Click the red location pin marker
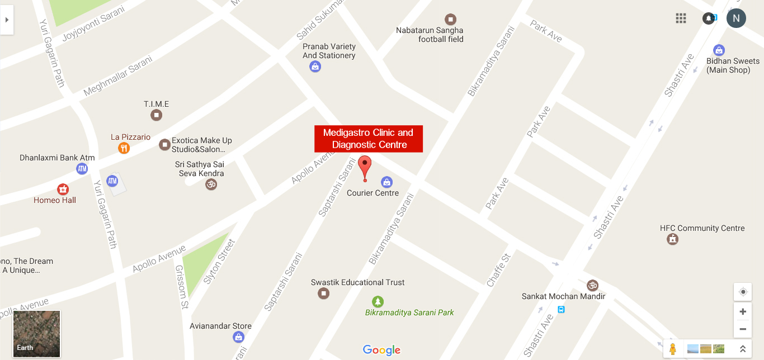(365, 166)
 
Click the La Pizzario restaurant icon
(124, 148)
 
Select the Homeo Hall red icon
(63, 189)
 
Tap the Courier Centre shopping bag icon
(386, 182)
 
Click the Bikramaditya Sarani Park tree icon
(378, 302)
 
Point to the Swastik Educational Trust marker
(323, 293)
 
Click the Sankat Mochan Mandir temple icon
(592, 285)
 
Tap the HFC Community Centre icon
(672, 239)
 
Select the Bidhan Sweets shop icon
(719, 50)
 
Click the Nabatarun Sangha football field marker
(450, 20)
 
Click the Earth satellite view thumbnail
(36, 334)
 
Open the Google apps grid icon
(681, 18)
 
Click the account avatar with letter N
(736, 18)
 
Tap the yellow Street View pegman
(672, 349)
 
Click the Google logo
(381, 350)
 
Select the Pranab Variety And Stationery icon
(315, 67)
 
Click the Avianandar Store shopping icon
(238, 337)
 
